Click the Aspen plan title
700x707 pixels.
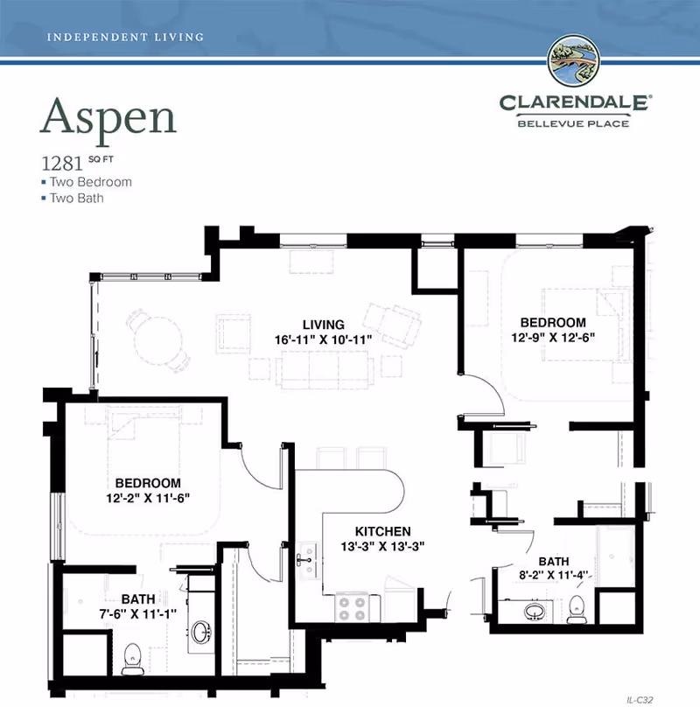tap(108, 115)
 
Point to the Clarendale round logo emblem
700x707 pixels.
tap(572, 62)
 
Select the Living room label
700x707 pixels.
tap(324, 325)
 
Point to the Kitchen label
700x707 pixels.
tap(382, 531)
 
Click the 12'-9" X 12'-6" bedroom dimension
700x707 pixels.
tap(553, 335)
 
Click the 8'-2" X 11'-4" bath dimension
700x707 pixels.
tap(554, 575)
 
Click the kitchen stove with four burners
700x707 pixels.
tap(353, 605)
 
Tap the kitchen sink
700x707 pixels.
tap(306, 560)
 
